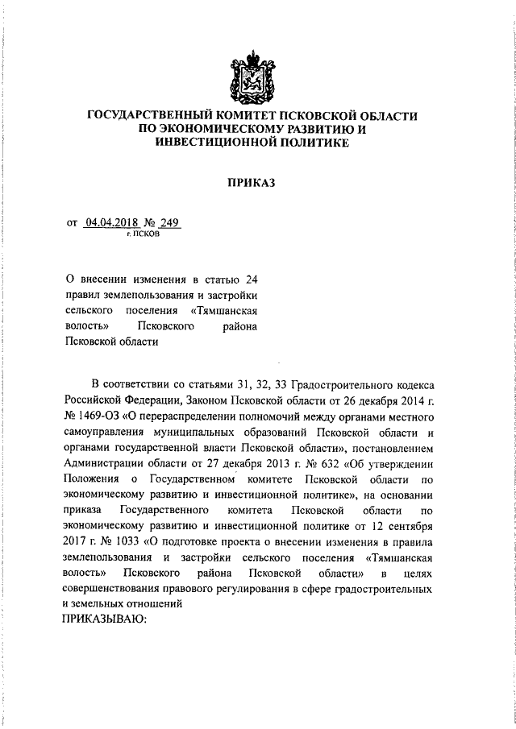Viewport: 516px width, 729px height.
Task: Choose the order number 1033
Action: point(124,541)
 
